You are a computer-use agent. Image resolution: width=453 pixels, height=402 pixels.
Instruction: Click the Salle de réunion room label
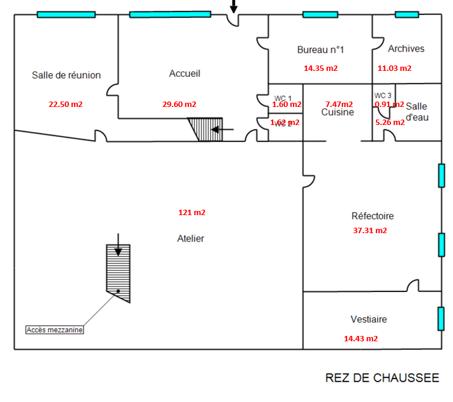tap(66, 75)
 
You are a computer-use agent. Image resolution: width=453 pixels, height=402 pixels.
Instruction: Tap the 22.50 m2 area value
tap(66, 104)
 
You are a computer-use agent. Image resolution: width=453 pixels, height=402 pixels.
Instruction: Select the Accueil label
tap(185, 73)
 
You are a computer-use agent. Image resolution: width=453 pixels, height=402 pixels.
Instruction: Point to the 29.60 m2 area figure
tap(179, 104)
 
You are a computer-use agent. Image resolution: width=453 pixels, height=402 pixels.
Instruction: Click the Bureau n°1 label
tap(320, 50)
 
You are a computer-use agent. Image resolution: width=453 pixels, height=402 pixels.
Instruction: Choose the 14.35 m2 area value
tap(321, 68)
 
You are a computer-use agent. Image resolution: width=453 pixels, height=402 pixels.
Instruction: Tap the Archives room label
tap(406, 49)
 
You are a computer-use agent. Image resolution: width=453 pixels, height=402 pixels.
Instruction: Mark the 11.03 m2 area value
tap(394, 68)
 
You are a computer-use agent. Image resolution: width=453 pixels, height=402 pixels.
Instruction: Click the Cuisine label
tap(337, 112)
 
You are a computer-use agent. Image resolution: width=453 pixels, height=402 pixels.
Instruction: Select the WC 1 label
tap(283, 98)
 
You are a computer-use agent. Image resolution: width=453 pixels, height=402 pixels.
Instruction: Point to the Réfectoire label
tap(372, 216)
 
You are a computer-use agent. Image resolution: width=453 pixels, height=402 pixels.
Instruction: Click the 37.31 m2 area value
tap(369, 230)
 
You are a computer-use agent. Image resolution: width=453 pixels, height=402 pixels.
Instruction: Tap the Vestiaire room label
tap(369, 319)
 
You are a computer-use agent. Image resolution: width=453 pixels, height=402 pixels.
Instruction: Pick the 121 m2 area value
tap(192, 212)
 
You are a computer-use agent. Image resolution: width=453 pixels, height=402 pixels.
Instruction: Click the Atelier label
tap(191, 239)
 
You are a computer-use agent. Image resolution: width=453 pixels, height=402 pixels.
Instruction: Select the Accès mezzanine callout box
tap(55, 329)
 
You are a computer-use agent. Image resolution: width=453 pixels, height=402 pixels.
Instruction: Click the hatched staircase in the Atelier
tap(118, 270)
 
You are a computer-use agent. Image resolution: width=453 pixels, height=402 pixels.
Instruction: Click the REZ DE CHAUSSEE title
tap(382, 378)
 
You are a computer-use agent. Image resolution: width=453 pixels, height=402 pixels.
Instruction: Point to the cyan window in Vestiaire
tap(441, 318)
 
